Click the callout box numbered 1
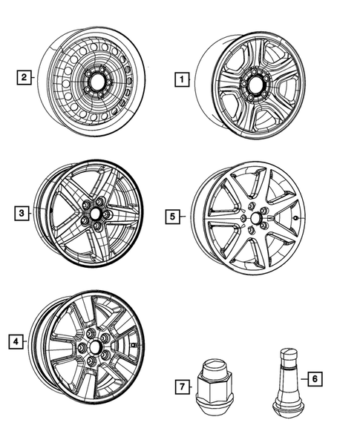pyautogui.click(x=179, y=76)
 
